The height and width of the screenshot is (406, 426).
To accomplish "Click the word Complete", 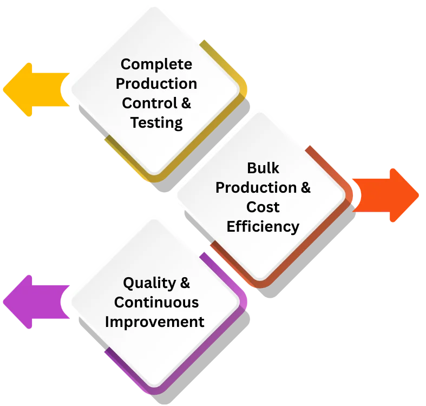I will pyautogui.click(x=156, y=64).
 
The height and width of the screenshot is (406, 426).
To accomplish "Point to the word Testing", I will pyautogui.click(x=156, y=123).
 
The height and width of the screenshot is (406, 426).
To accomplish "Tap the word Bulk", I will pyautogui.click(x=263, y=168).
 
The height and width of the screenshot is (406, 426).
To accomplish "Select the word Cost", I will pyautogui.click(x=263, y=207).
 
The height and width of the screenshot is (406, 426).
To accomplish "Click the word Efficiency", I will pyautogui.click(x=263, y=226).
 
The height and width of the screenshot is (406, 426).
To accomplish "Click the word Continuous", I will pyautogui.click(x=156, y=302).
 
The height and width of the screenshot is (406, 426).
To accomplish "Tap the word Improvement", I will pyautogui.click(x=154, y=322).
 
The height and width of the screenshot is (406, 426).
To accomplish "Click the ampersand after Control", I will pyautogui.click(x=185, y=103).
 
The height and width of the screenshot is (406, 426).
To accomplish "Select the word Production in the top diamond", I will pyautogui.click(x=156, y=84).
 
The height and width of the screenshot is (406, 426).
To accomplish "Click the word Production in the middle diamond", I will pyautogui.click(x=255, y=187).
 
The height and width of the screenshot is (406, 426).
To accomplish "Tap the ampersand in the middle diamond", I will pyautogui.click(x=305, y=187).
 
